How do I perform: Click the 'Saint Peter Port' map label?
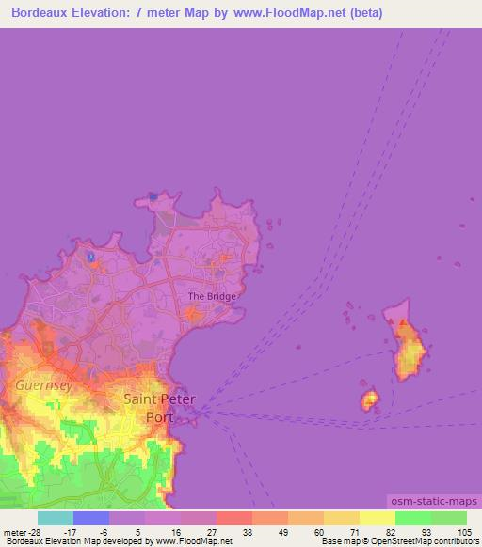[160, 407]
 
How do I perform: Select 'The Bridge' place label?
[213, 296]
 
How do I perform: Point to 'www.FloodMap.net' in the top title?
[280, 14]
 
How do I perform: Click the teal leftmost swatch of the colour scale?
[56, 518]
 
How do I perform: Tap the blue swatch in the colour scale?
[91, 518]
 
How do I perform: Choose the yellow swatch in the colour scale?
[377, 518]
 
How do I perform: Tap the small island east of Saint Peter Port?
[369, 400]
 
